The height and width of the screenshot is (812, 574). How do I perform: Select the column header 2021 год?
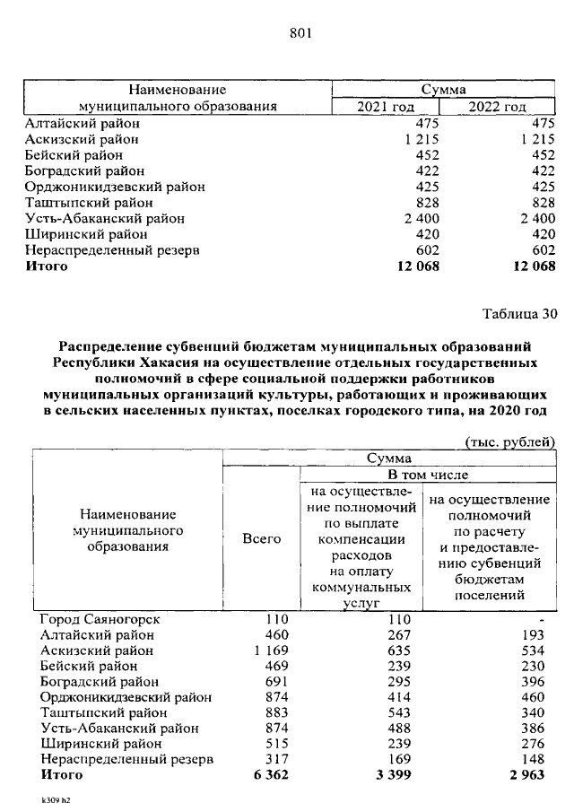385,107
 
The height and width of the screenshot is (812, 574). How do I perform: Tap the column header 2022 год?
497,107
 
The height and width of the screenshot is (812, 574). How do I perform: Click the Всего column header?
261,539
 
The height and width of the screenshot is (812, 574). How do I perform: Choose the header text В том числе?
427,475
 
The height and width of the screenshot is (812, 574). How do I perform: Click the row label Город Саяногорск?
98,620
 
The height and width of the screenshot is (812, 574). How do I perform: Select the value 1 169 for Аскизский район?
272,650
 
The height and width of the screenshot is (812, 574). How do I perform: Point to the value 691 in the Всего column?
277,682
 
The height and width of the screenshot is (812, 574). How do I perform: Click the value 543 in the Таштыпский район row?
396,712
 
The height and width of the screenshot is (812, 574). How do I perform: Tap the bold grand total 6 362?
270,774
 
